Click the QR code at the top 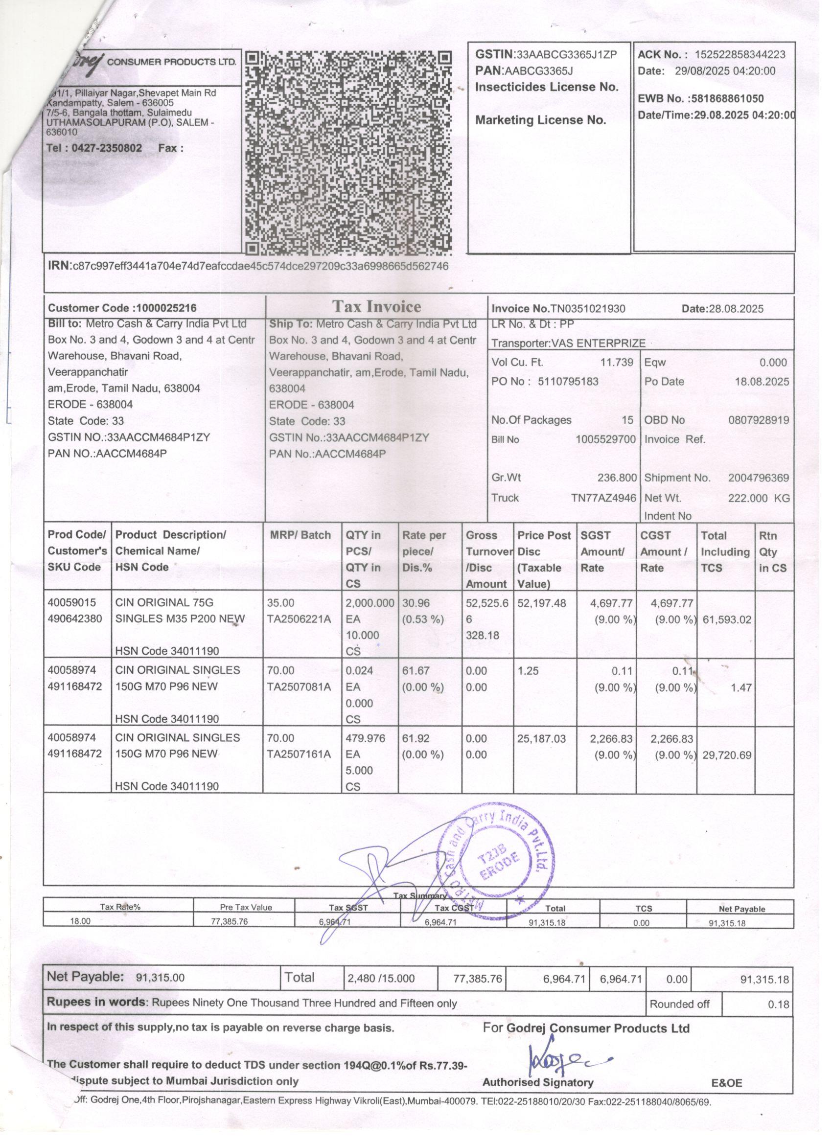[348, 152]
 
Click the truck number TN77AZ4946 [603, 498]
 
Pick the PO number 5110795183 [568, 381]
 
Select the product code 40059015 [71, 603]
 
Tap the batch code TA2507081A [299, 687]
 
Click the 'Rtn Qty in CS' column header [772, 552]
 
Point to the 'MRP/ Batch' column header [300, 536]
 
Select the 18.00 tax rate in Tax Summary [80, 921]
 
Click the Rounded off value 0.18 [778, 1004]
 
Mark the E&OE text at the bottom [727, 1083]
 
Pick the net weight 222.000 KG [758, 498]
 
